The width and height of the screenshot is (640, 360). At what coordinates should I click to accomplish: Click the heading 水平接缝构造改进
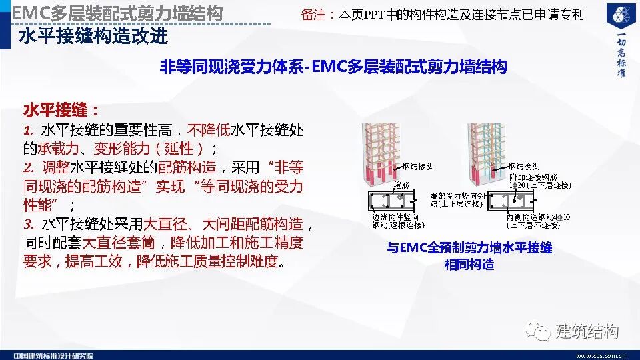(93, 35)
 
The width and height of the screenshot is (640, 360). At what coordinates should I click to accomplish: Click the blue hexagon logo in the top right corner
(619, 17)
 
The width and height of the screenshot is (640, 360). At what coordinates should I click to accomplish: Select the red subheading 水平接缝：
(61, 110)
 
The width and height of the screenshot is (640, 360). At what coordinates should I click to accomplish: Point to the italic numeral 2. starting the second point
(29, 167)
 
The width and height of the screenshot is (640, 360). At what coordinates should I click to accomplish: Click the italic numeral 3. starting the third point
(29, 224)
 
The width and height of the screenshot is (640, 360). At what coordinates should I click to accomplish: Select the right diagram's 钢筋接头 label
(524, 167)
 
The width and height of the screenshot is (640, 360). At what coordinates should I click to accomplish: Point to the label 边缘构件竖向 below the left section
(396, 217)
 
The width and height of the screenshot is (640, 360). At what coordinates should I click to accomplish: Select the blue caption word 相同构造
(469, 265)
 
